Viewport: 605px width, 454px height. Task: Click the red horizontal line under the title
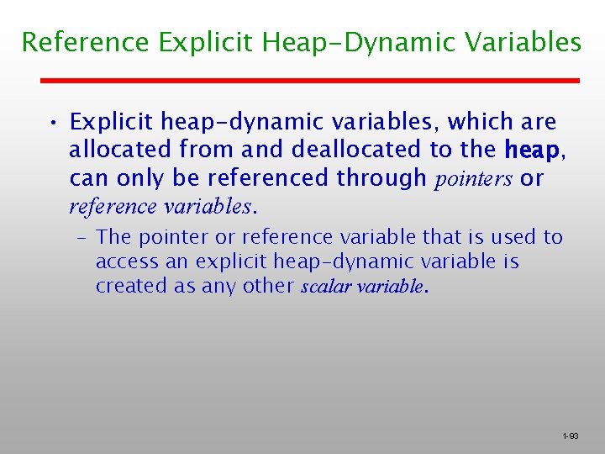(x=311, y=80)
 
